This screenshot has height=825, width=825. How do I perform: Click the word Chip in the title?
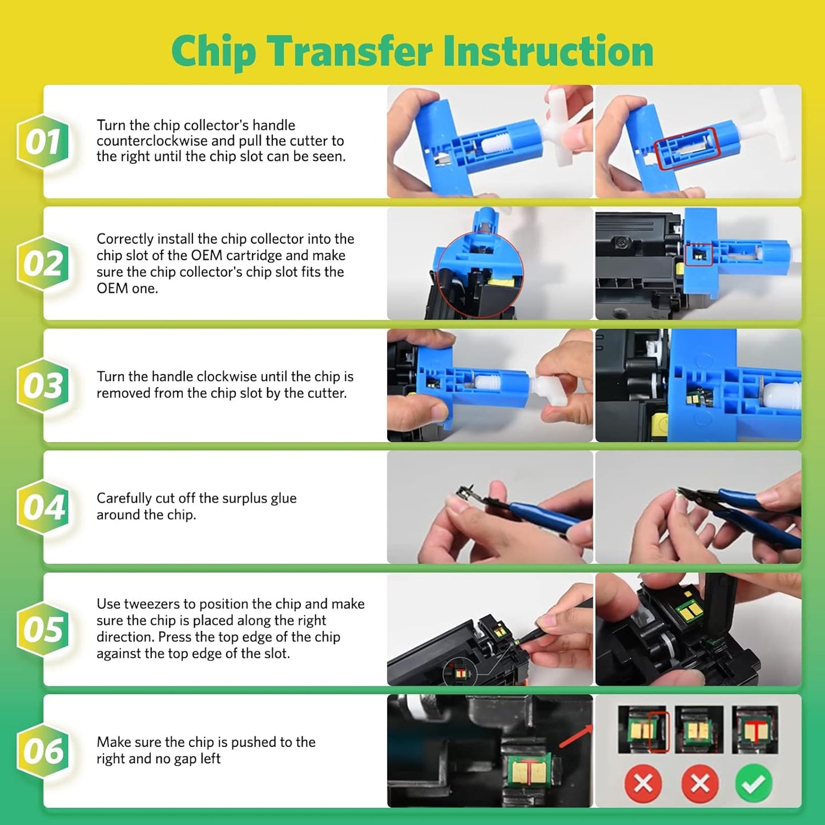pos(214,52)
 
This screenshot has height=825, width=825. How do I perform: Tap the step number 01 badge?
pos(43,142)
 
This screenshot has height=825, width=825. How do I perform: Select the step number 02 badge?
pos(43,263)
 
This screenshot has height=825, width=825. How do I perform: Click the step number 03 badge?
pos(43,385)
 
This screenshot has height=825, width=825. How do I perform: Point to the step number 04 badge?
pos(43,507)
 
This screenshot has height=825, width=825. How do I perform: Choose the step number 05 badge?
pos(43,629)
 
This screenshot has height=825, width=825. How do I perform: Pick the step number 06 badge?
pos(43,751)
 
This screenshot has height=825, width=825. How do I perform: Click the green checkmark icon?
pos(754,784)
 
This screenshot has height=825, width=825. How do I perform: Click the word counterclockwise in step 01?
pos(152,141)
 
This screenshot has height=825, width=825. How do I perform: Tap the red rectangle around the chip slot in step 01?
pos(686,148)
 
